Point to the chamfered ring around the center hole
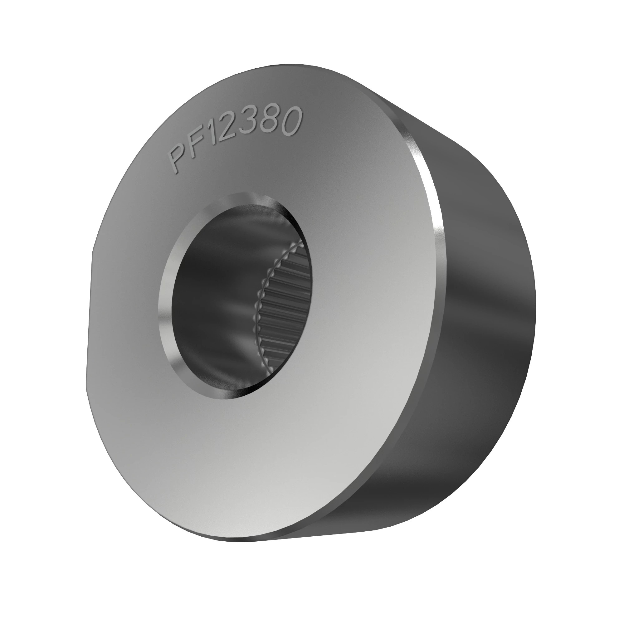click(165, 291)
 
